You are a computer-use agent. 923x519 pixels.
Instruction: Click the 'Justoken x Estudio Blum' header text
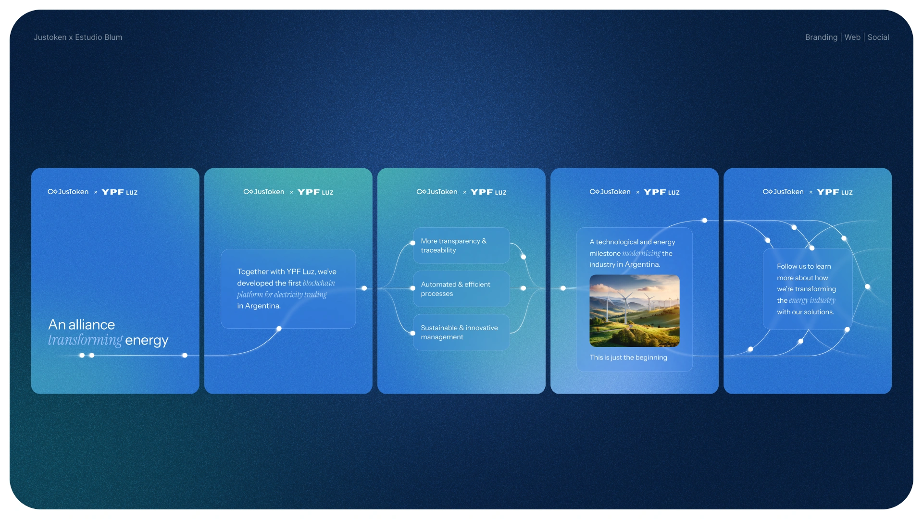click(x=78, y=37)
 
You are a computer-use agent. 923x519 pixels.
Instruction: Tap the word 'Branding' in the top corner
click(x=821, y=37)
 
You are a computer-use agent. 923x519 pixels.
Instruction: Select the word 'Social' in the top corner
click(x=878, y=37)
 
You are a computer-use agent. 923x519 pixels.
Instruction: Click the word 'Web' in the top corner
click(x=852, y=37)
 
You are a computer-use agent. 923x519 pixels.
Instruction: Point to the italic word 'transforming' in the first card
click(x=85, y=340)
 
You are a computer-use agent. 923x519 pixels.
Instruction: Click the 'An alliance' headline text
click(x=82, y=324)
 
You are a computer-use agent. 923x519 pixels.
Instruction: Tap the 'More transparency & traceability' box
click(x=461, y=246)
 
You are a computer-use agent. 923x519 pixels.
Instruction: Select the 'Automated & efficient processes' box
click(x=461, y=289)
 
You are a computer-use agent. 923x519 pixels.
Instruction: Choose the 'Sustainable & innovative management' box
click(x=461, y=332)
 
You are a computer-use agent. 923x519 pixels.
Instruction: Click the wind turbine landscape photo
click(x=635, y=310)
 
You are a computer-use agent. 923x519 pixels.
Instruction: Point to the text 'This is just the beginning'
click(x=628, y=358)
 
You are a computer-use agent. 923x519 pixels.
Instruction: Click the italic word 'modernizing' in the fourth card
click(x=641, y=253)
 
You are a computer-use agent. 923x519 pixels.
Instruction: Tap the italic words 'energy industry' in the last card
click(x=812, y=300)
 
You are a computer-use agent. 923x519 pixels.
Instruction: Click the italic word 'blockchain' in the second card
click(x=319, y=283)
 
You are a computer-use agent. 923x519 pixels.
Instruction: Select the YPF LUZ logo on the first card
click(x=120, y=192)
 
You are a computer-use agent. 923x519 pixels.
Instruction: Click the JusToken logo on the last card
click(x=783, y=192)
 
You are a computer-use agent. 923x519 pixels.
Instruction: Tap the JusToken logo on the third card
click(x=437, y=192)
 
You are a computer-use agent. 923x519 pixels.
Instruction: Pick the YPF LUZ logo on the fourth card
click(x=662, y=192)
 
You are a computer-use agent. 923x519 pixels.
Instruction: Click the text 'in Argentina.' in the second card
click(x=259, y=306)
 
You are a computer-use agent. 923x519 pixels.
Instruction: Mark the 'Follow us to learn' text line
click(x=804, y=266)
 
